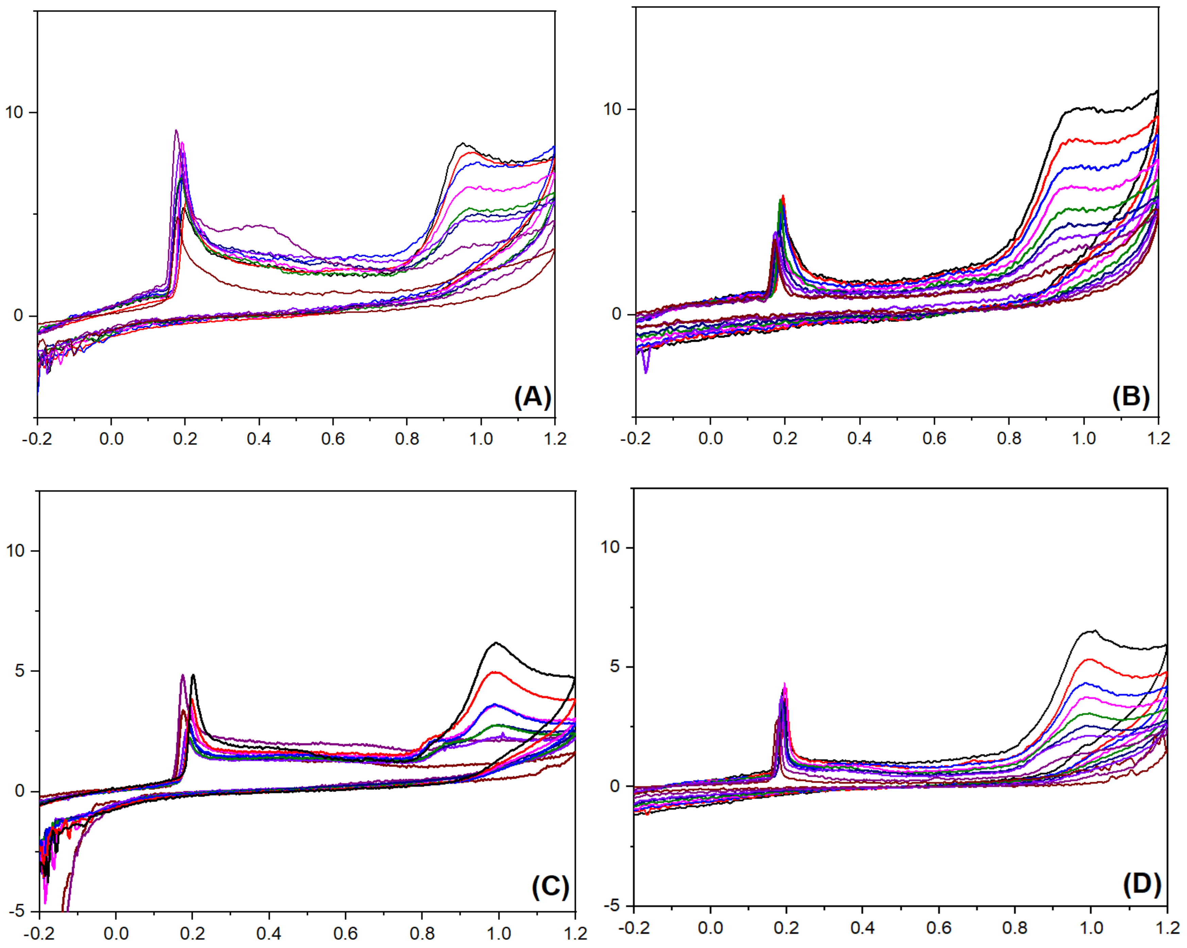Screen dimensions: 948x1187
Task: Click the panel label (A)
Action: click(532, 396)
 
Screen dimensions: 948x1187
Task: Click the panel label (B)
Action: click(1131, 396)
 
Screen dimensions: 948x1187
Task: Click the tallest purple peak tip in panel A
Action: click(176, 131)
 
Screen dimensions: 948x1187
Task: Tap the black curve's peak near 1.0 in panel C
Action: click(496, 643)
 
